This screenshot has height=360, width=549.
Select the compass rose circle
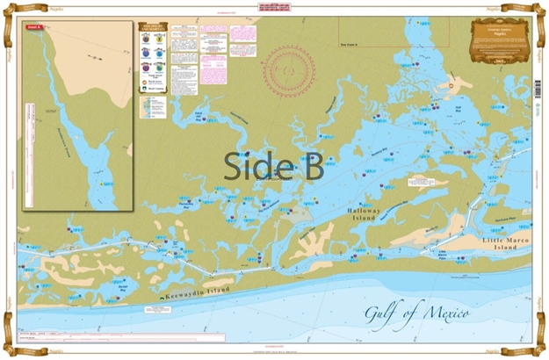(290, 67)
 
